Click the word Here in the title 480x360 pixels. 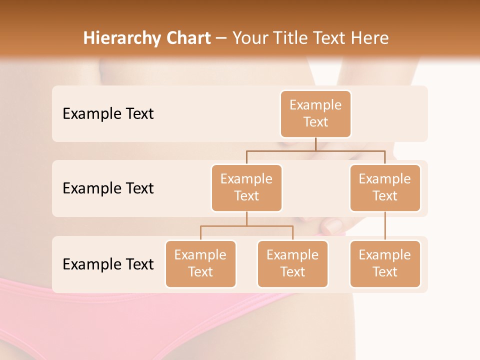pyautogui.click(x=370, y=38)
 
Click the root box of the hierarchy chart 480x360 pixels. pyautogui.click(x=315, y=113)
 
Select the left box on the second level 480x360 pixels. pyautogui.click(x=246, y=187)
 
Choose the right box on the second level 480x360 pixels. pyautogui.click(x=385, y=187)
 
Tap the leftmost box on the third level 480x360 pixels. pyautogui.click(x=200, y=263)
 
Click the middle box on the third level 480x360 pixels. pyautogui.click(x=292, y=263)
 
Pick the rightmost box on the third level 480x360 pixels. pyautogui.click(x=385, y=263)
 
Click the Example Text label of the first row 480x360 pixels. pyautogui.click(x=108, y=114)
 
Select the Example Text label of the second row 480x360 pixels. pyautogui.click(x=108, y=188)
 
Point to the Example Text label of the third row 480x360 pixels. pyautogui.click(x=108, y=264)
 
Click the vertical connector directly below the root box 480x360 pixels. pyautogui.click(x=315, y=144)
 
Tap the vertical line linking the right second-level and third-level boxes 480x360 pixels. pyautogui.click(x=385, y=225)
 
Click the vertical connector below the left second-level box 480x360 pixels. pyautogui.click(x=246, y=218)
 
